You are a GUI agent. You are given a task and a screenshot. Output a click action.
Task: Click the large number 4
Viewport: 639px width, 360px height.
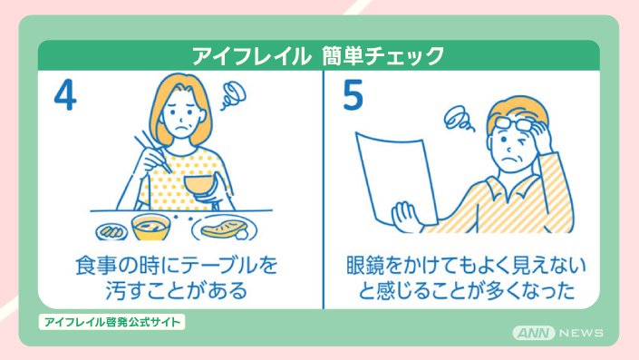point(65,95)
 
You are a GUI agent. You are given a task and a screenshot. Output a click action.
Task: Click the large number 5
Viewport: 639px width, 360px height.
point(353,95)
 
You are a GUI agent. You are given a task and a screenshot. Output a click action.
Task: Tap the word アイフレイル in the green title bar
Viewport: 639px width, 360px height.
point(251,56)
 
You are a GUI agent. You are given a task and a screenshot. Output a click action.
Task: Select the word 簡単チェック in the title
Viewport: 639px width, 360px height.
point(382,56)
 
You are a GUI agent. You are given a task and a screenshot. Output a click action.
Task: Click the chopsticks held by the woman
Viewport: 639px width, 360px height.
point(153,151)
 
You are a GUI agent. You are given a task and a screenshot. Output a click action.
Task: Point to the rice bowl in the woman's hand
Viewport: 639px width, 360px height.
point(198,186)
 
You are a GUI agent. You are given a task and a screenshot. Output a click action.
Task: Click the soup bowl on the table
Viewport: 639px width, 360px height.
point(150,227)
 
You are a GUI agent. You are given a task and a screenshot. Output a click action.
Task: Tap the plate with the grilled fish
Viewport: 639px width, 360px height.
point(225,229)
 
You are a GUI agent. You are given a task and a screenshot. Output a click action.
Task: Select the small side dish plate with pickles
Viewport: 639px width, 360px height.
point(111,231)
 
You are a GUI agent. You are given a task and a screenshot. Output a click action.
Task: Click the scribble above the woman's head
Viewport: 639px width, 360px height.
point(234,95)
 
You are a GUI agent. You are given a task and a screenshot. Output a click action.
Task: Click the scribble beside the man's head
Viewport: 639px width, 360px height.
point(459,119)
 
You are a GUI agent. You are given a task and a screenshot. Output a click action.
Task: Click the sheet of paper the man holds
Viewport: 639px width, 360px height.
point(396,180)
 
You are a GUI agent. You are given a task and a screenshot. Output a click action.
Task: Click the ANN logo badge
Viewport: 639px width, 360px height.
point(534,333)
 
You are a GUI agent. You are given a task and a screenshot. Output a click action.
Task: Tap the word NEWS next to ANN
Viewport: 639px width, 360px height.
point(582,333)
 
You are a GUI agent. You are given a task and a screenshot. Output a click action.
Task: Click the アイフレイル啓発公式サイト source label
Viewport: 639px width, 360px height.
point(112,322)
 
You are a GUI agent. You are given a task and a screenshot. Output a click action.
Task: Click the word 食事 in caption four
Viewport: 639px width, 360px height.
point(94,266)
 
